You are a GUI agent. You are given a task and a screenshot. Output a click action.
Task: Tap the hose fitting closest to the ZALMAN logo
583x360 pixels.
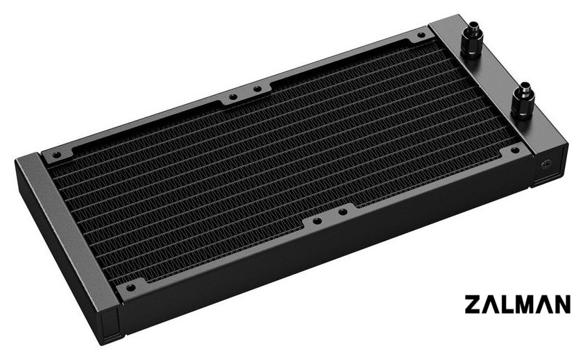[523, 100]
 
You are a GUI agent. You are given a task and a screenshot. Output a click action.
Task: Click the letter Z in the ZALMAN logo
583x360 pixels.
[473, 304]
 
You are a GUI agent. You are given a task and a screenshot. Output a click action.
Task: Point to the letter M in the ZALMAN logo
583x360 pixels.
[527, 304]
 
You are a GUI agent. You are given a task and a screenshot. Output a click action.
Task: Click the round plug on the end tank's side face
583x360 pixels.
[546, 164]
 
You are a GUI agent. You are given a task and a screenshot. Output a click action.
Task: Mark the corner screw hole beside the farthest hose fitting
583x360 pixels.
[421, 35]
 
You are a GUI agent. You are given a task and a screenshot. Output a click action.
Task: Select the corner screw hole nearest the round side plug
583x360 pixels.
[514, 150]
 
